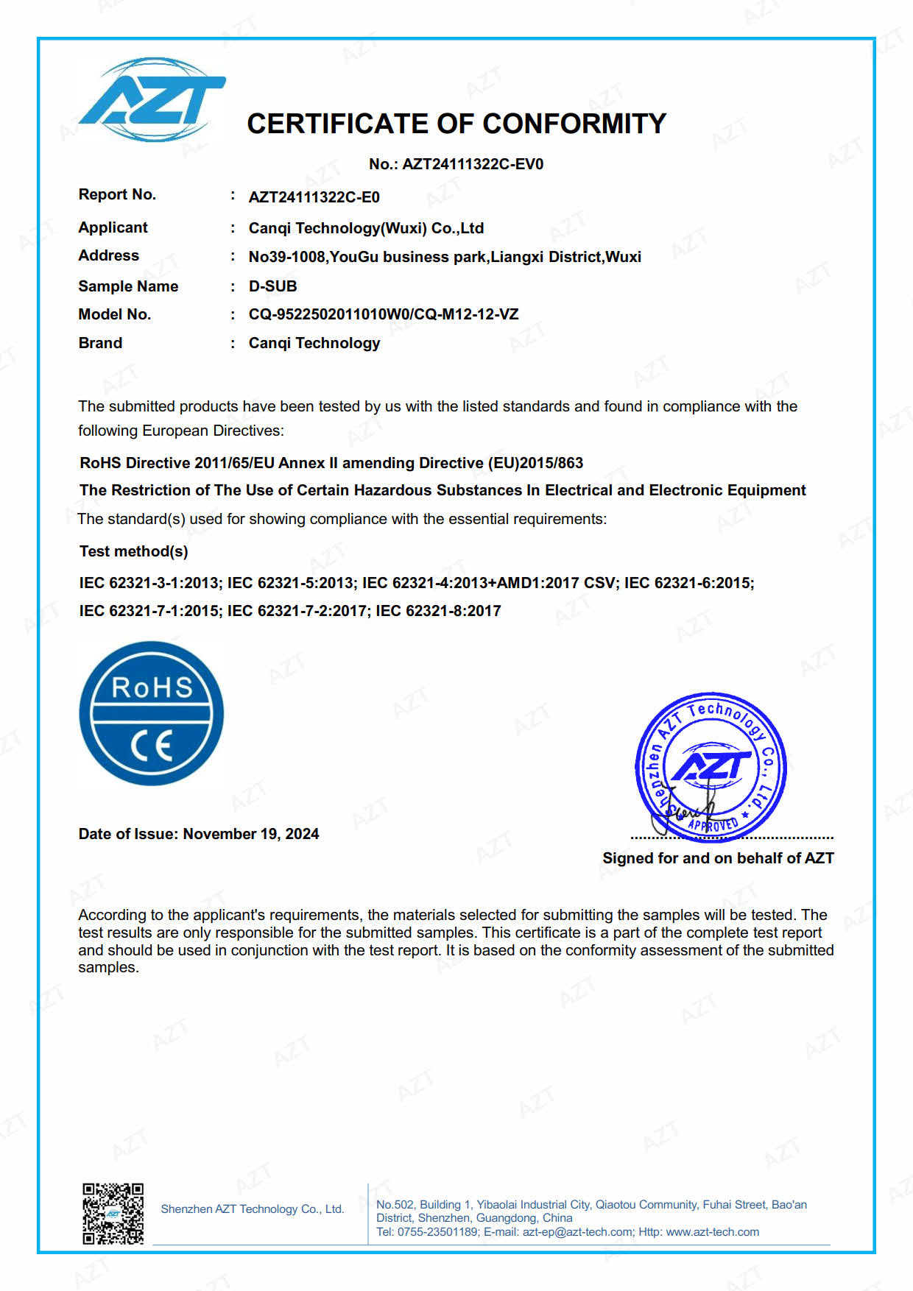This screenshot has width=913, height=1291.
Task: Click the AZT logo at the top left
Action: coord(152,99)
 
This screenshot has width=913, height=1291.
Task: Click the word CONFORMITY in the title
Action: coord(574,124)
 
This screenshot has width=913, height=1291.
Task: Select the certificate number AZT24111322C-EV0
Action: coord(473,164)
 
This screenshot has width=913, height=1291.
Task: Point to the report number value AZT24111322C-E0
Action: coord(314,197)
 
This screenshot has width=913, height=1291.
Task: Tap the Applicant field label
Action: coord(113,227)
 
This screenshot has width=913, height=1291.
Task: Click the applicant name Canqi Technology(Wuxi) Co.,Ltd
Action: coord(366,228)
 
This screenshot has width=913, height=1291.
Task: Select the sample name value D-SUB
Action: coord(272,286)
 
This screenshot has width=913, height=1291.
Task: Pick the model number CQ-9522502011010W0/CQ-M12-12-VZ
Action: coord(383,314)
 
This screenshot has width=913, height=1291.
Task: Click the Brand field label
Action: coord(100,343)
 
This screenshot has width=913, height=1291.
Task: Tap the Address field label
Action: coord(108,255)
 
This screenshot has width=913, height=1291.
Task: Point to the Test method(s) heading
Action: coord(133,551)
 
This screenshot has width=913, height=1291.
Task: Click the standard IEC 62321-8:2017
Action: coord(438,611)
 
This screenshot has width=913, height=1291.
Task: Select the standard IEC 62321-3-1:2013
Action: coord(149,583)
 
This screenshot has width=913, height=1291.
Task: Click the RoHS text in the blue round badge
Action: coord(152,687)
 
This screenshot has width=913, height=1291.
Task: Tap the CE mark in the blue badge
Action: coord(152,746)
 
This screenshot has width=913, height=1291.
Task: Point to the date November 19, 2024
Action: coord(250,834)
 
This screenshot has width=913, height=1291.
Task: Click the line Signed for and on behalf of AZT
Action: coord(718,858)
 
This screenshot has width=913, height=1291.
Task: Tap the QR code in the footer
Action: coord(113,1214)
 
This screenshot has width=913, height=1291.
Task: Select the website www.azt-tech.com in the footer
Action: coord(712,1232)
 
